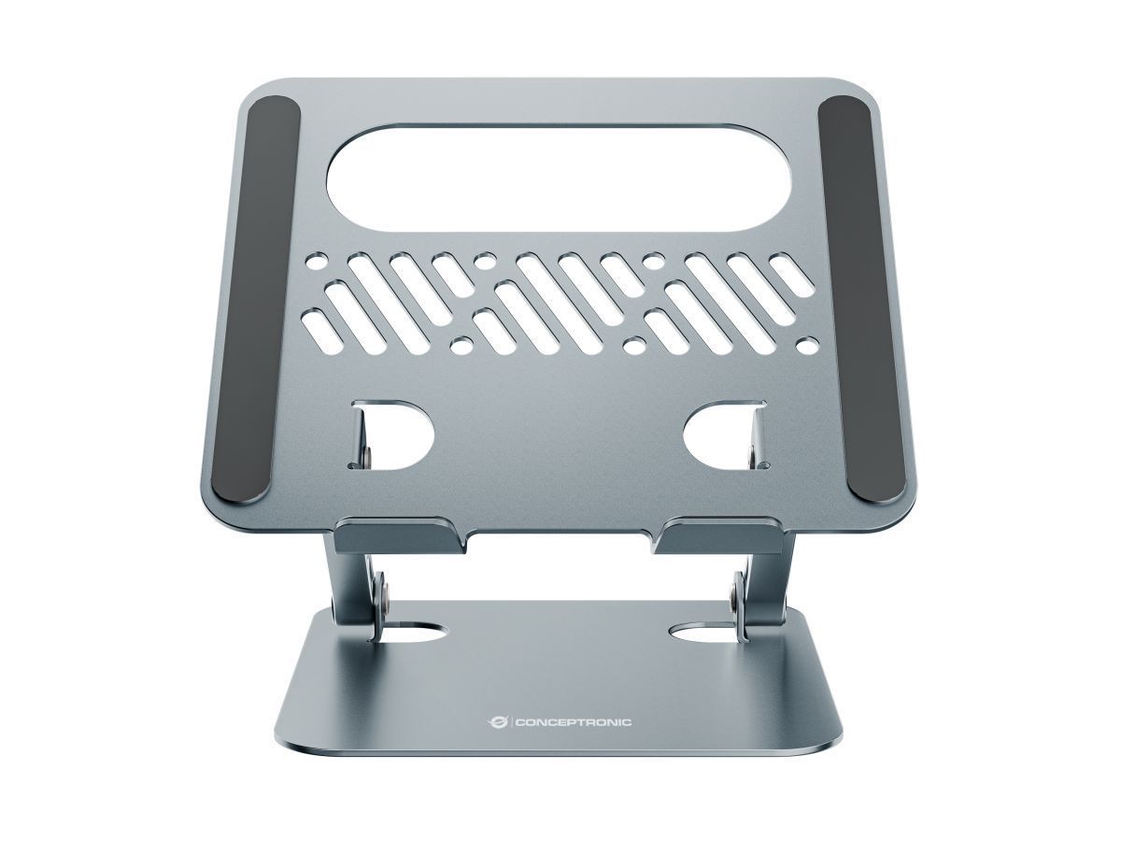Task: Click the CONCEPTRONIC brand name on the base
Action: pos(572,721)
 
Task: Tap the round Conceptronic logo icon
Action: pos(497,721)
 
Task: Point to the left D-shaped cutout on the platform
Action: pos(392,434)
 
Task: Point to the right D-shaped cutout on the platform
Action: pos(725,434)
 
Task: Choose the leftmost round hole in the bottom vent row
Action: pos(460,347)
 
